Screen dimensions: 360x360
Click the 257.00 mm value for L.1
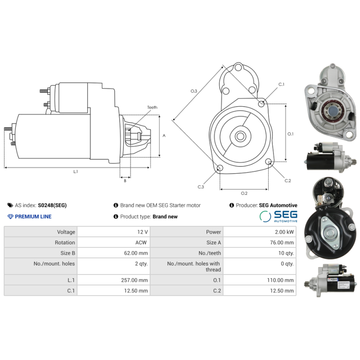(x=134, y=280)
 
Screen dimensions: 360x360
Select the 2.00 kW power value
(x=284, y=232)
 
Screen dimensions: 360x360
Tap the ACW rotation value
(x=141, y=243)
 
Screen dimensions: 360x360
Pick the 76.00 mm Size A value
(x=282, y=243)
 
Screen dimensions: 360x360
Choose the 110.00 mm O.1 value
(x=280, y=280)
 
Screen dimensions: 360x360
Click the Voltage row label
(x=66, y=232)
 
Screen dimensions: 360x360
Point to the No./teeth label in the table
(x=210, y=253)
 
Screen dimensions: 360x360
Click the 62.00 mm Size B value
(x=136, y=253)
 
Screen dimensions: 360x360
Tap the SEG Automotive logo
(x=279, y=216)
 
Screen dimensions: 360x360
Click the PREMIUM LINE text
(x=33, y=216)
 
